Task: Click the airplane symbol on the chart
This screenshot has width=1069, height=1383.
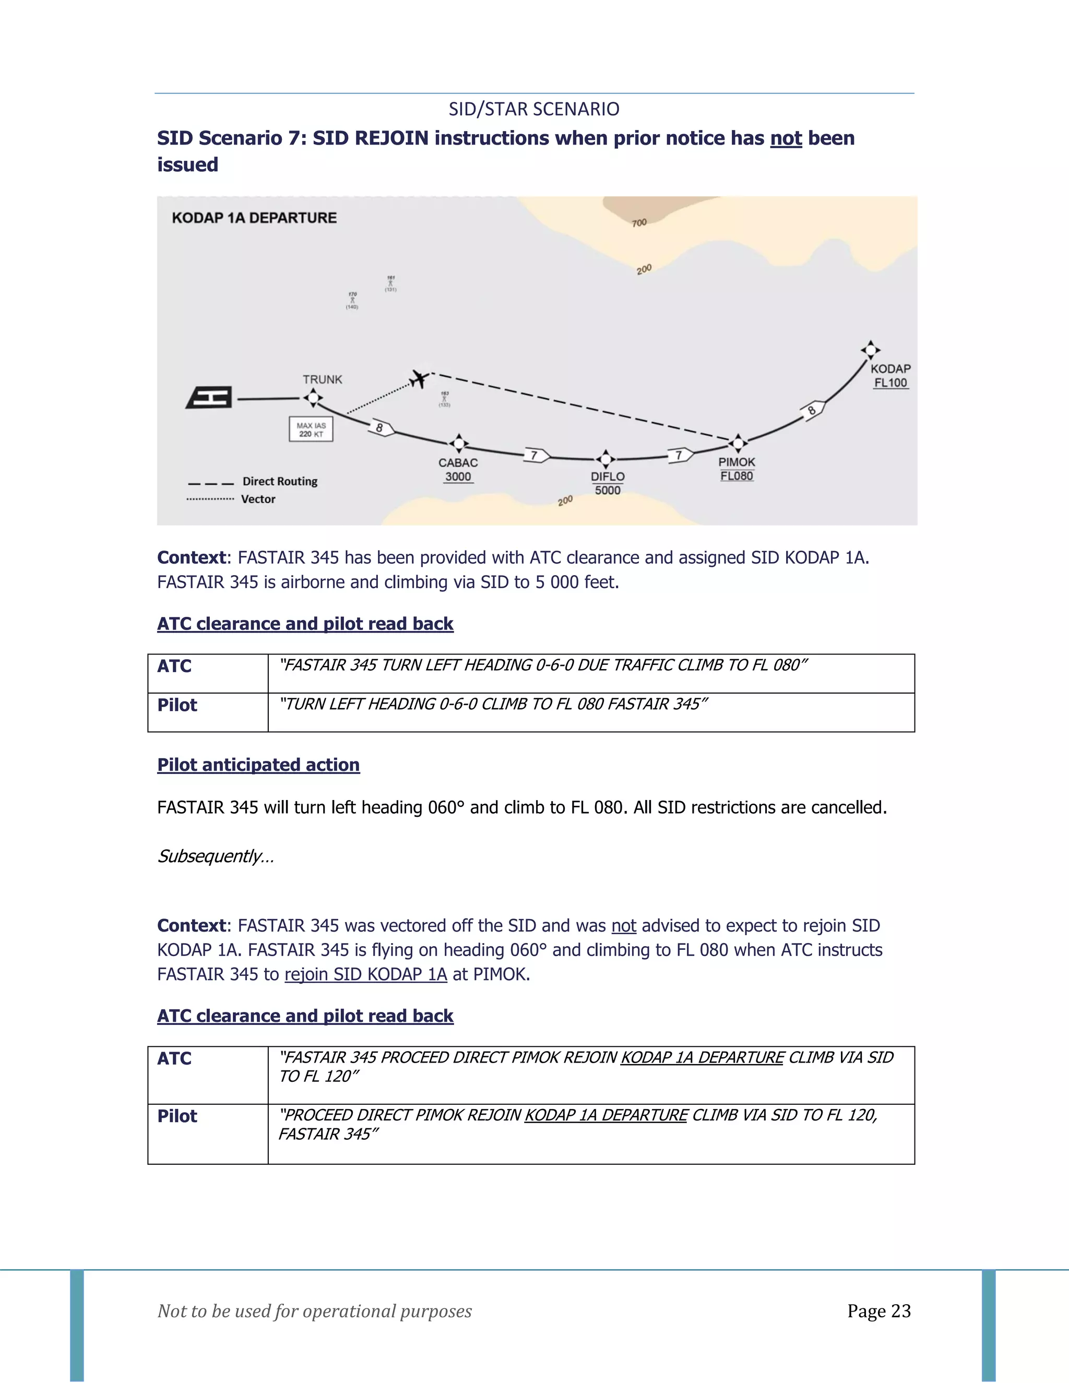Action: tap(419, 379)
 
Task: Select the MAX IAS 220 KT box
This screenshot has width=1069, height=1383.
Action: tap(311, 430)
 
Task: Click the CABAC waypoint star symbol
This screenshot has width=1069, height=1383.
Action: tap(458, 443)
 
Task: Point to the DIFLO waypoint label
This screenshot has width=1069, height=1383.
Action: tap(608, 476)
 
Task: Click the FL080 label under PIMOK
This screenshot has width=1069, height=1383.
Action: tap(737, 475)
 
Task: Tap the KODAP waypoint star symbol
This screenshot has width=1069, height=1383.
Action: tap(871, 349)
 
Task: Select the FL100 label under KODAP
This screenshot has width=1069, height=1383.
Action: tap(890, 383)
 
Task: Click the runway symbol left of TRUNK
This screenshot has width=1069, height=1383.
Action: tap(209, 398)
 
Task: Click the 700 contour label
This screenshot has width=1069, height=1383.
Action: tap(639, 222)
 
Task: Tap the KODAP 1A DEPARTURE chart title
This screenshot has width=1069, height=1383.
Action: tap(254, 218)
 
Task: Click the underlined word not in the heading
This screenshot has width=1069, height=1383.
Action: tap(786, 138)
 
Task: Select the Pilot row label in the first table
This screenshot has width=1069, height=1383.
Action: tap(177, 705)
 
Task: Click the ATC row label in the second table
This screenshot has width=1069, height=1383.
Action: tap(174, 1058)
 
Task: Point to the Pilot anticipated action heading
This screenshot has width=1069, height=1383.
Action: tap(258, 765)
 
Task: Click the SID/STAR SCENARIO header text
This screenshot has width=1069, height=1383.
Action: tap(534, 109)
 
